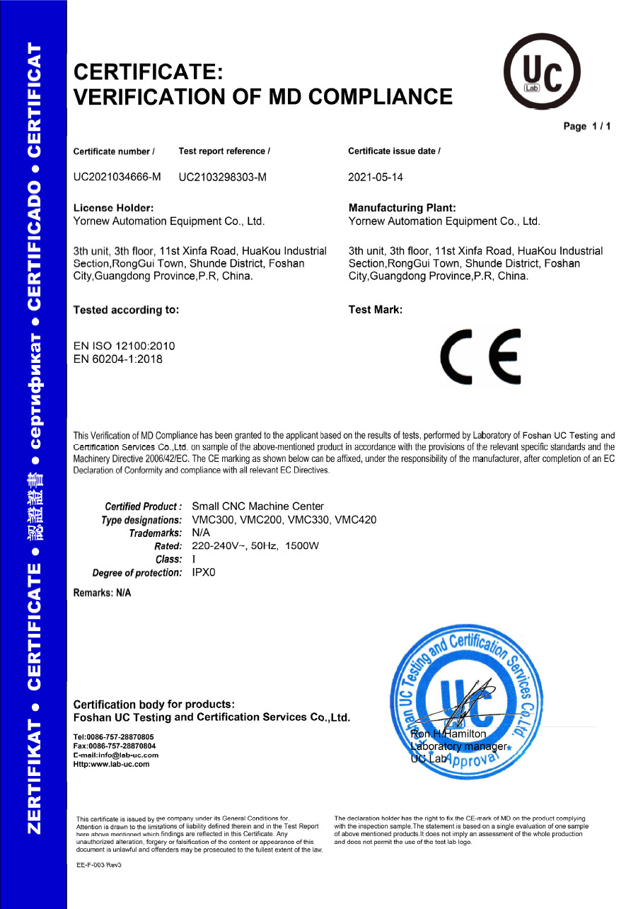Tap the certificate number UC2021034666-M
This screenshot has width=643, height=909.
click(x=117, y=178)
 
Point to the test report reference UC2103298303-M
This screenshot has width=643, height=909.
click(x=223, y=178)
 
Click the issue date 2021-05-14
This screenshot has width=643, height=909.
click(x=376, y=178)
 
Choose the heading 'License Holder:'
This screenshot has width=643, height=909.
click(x=114, y=208)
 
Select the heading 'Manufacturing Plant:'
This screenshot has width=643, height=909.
click(x=402, y=208)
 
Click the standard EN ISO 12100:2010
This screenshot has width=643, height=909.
click(x=124, y=346)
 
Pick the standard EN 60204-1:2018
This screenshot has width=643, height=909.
click(x=118, y=359)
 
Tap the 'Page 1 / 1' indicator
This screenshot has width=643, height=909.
click(x=586, y=127)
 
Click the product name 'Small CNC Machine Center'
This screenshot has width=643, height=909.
click(x=258, y=506)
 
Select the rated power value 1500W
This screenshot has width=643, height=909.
click(x=302, y=546)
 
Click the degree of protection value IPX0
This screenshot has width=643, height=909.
click(x=204, y=572)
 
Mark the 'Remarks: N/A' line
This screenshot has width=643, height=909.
click(x=103, y=593)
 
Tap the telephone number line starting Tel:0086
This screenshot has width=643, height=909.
click(x=113, y=737)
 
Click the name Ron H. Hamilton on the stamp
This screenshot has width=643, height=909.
click(x=448, y=734)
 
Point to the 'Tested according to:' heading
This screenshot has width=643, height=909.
click(x=127, y=310)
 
